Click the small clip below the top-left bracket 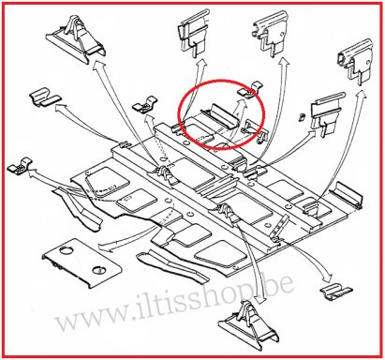coord(41,97)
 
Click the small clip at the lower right coord(333,289)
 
